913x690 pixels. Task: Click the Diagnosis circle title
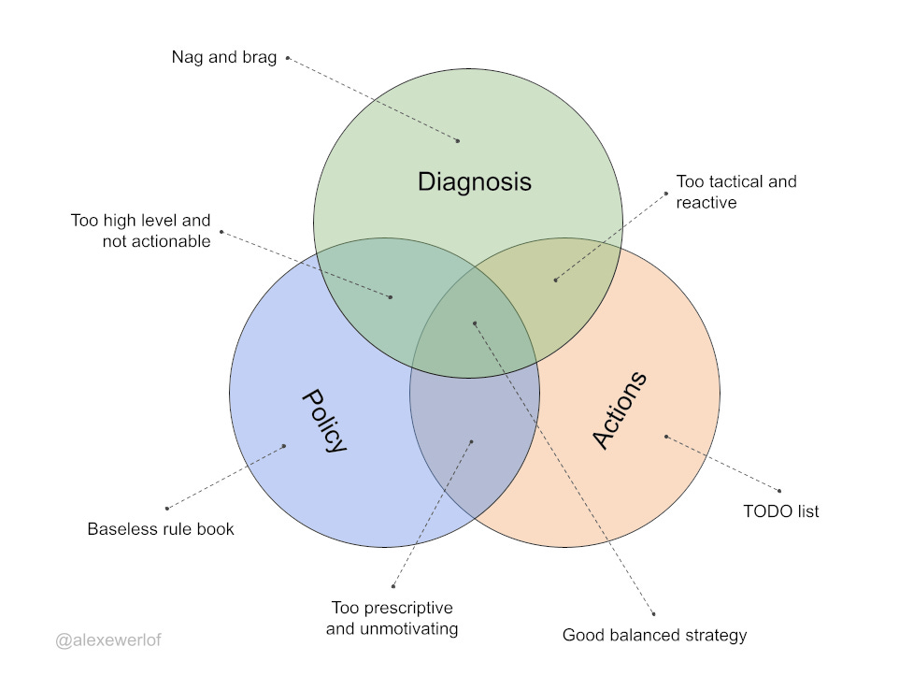pos(474,181)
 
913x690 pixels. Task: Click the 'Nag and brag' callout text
pos(224,58)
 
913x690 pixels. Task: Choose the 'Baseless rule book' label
pos(161,529)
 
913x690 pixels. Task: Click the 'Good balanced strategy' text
pos(654,636)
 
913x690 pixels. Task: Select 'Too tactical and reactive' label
pos(736,192)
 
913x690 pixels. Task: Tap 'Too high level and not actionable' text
pos(141,232)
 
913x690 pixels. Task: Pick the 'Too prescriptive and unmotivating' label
pos(392,617)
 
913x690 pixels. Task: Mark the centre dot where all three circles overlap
pos(475,323)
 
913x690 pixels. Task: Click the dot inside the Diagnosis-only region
pos(458,141)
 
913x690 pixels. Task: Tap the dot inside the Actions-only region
pos(665,436)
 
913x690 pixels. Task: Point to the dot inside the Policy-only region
pos(284,446)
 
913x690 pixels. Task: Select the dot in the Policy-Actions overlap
pos(471,442)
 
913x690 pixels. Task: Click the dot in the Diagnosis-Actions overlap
pos(555,280)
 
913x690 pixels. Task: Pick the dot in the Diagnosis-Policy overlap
pos(390,297)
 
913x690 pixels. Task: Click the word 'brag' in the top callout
pos(258,58)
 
